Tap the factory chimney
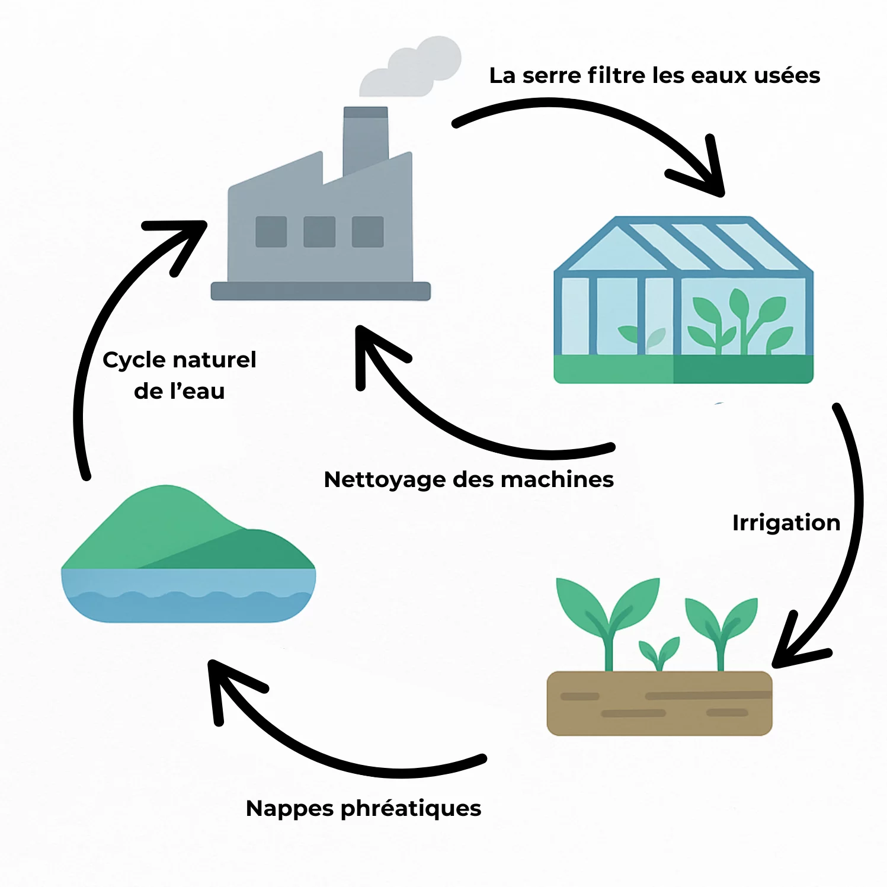tap(366, 139)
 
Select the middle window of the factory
tap(319, 231)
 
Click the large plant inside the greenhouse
tap(738, 323)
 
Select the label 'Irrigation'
tap(786, 523)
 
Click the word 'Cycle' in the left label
tap(133, 360)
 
